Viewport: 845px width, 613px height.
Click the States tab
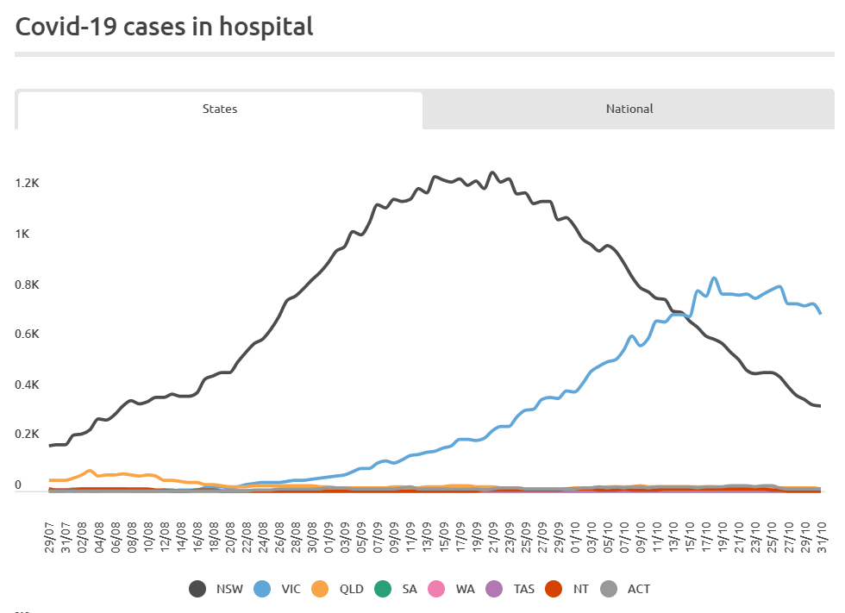220,109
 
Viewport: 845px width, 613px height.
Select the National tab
629,109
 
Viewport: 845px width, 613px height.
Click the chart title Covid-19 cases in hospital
164,27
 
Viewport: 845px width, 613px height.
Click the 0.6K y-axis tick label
27,335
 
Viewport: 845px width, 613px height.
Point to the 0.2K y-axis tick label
27,435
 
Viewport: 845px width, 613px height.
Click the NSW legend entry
216,590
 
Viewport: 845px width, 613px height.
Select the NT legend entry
572,590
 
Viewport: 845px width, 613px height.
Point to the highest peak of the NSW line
492,172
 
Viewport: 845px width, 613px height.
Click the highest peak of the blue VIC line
714,278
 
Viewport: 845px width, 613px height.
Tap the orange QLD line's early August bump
90,471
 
